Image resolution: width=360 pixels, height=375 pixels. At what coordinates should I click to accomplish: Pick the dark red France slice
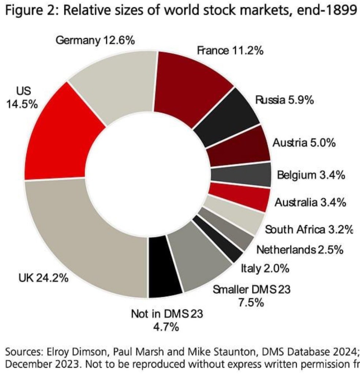coord(190,84)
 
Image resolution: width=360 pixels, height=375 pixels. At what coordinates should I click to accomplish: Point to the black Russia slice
coord(227,117)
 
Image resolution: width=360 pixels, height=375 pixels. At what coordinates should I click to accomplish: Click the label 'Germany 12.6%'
coord(95,41)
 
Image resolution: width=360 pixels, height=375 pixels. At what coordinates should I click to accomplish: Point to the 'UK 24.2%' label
coord(43,278)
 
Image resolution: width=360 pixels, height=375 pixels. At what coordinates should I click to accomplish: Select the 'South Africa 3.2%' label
coord(308,230)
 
